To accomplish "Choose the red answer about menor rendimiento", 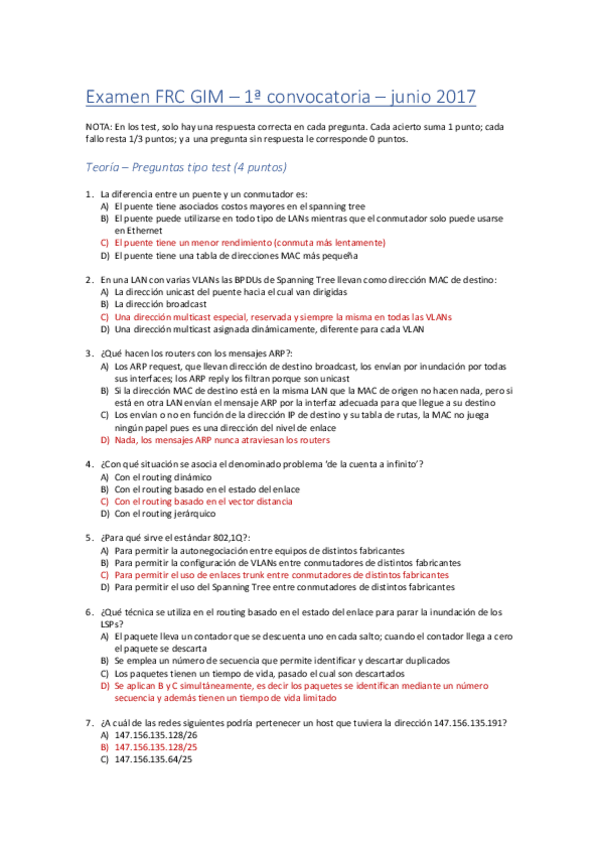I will (x=250, y=242).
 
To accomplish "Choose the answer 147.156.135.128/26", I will (x=156, y=734).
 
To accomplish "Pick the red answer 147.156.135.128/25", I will (x=156, y=746).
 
